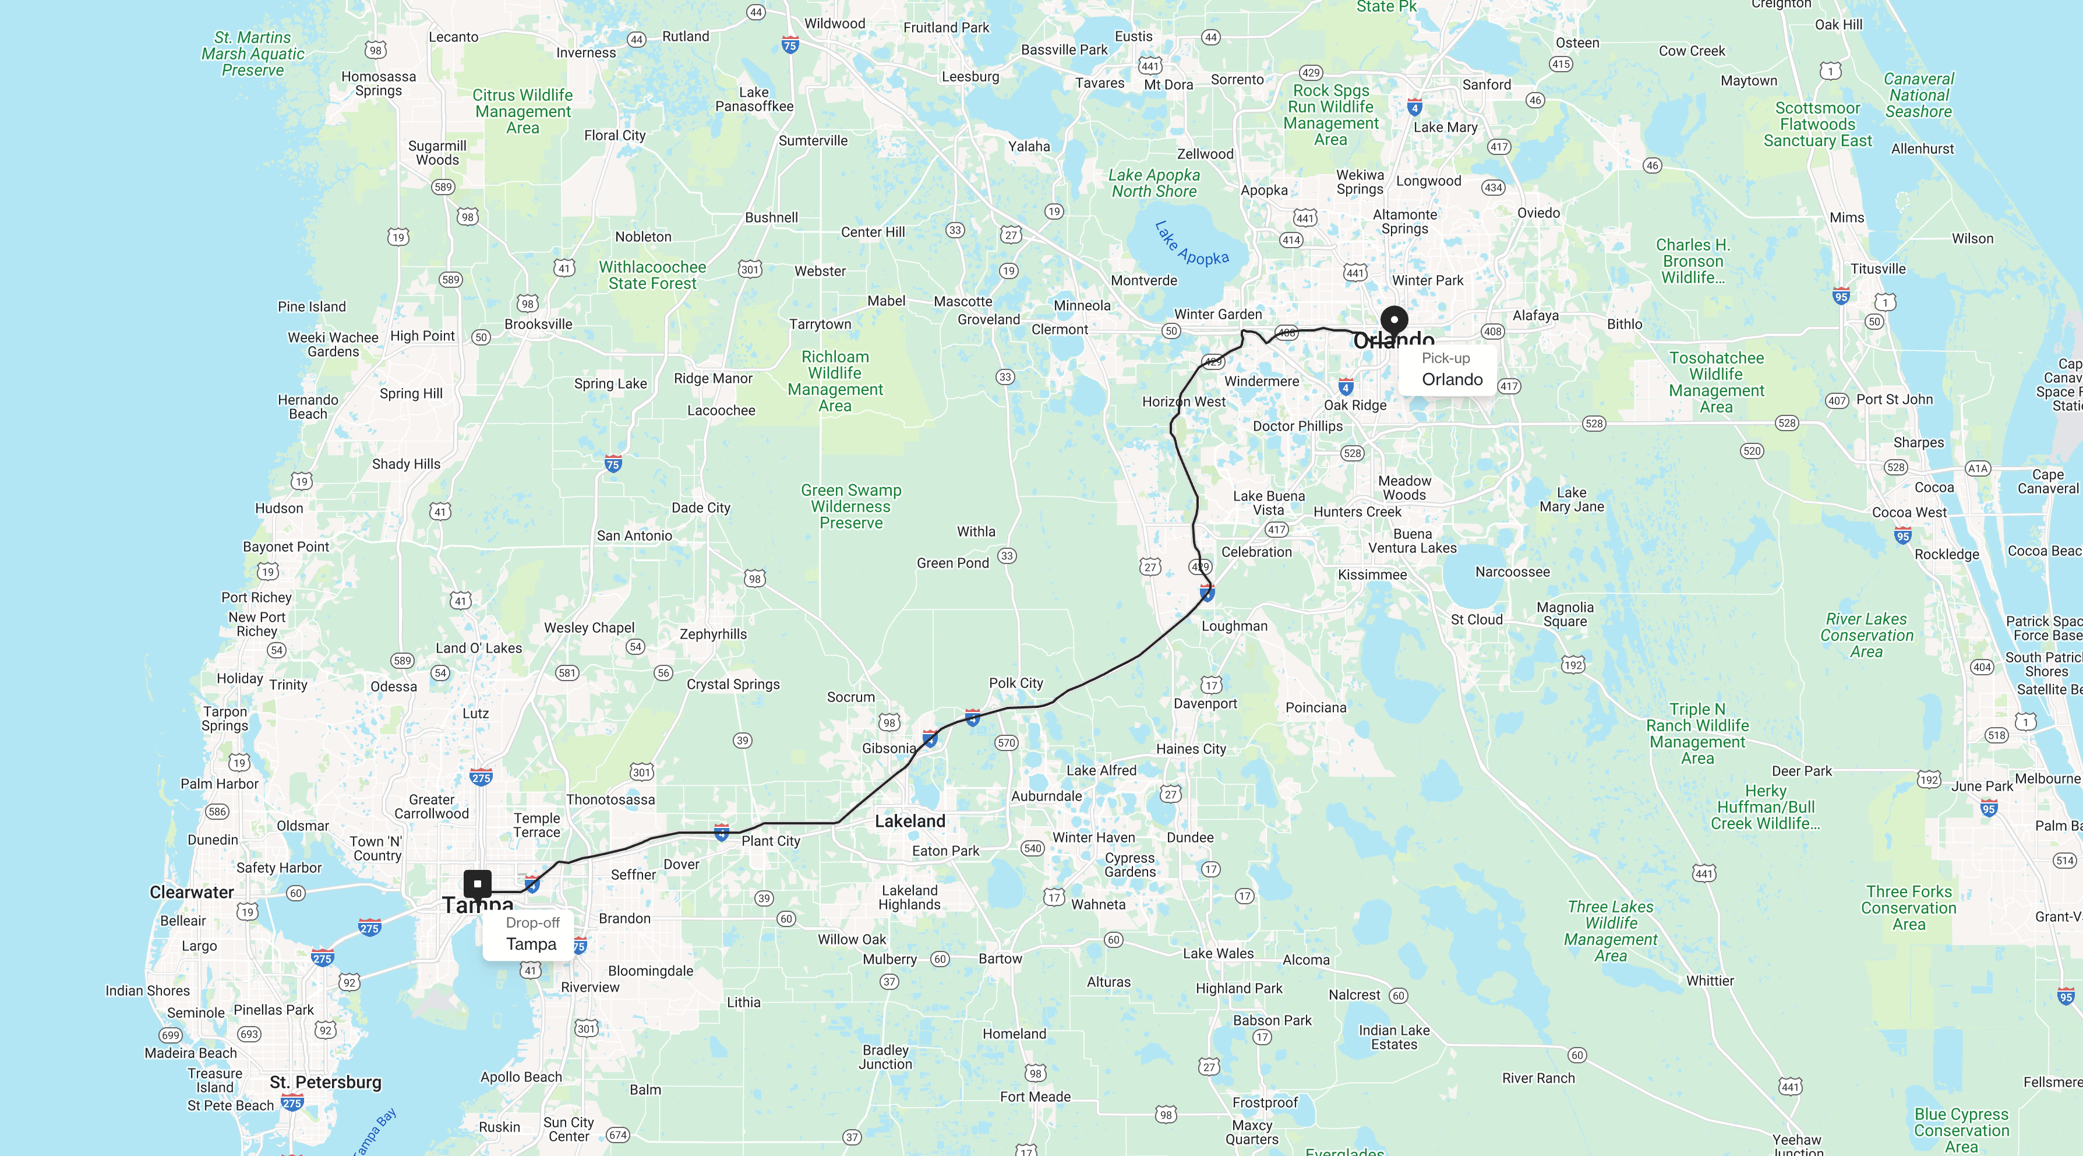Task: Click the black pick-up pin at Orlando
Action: click(1393, 320)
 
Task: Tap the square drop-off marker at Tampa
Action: click(477, 883)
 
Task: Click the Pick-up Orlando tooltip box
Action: click(1447, 369)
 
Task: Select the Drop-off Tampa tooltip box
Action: click(529, 935)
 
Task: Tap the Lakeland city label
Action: click(910, 821)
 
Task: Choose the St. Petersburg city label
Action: click(325, 1083)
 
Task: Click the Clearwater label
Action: click(192, 892)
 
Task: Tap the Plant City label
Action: click(771, 841)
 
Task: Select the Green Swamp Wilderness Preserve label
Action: click(850, 506)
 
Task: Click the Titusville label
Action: click(1877, 269)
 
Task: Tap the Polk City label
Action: click(1016, 683)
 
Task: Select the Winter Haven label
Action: click(1093, 838)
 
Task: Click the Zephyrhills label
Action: click(712, 634)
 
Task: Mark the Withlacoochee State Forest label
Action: click(652, 275)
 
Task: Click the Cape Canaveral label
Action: click(2047, 481)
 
